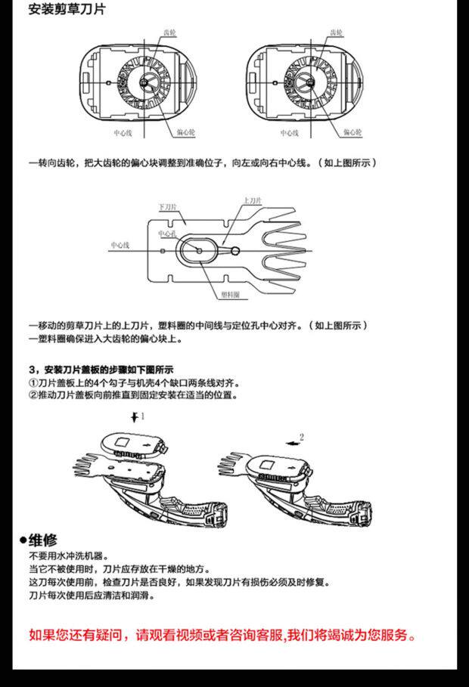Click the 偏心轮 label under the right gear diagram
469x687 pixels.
[354, 132]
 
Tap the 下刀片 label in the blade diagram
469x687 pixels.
[167, 207]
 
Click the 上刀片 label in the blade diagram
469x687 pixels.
[253, 201]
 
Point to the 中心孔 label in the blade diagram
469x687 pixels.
[167, 234]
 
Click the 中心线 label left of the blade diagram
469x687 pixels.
[120, 245]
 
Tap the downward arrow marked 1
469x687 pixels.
[135, 416]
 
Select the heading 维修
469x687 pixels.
[43, 540]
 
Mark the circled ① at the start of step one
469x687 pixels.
[33, 383]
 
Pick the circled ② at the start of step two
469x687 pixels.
[33, 395]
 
